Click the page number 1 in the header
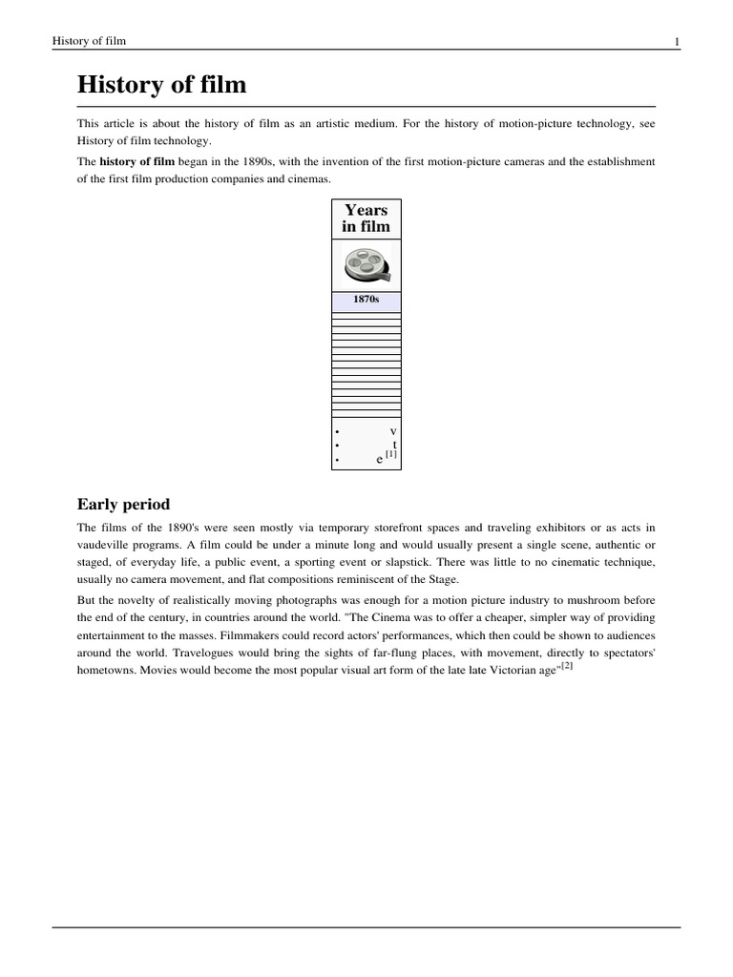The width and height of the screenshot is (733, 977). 676,41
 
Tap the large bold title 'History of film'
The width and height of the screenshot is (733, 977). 161,85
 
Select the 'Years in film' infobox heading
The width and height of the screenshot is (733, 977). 366,218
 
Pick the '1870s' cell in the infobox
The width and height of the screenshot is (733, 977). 366,301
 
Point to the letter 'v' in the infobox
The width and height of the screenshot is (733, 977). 393,432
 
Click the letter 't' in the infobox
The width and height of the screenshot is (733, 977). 394,446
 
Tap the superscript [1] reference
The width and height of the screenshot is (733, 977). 391,454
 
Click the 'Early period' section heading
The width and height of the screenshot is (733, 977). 123,504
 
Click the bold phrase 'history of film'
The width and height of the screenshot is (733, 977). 137,161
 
